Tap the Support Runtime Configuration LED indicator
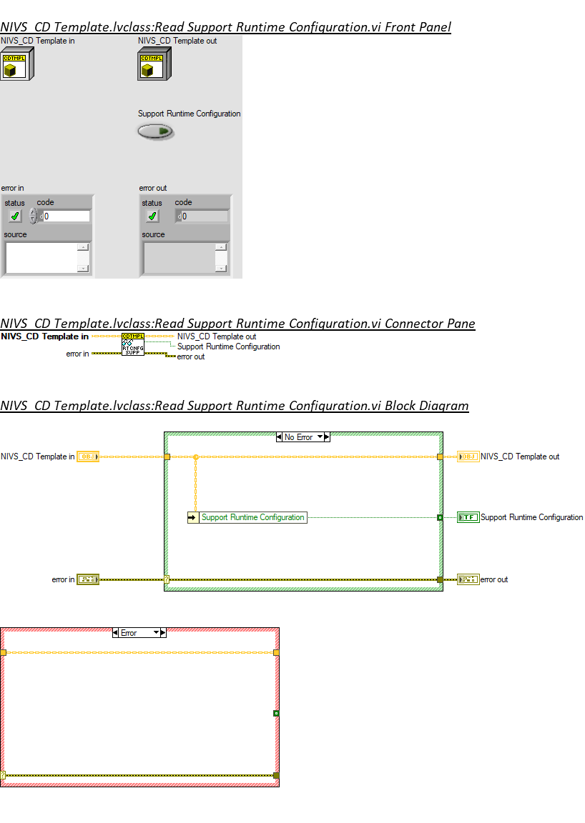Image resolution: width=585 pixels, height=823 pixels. [155, 131]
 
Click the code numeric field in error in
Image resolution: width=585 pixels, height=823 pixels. [67, 216]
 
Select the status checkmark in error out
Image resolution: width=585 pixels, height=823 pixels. [152, 216]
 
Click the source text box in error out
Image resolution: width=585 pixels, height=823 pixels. [180, 257]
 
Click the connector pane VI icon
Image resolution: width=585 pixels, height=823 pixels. [133, 344]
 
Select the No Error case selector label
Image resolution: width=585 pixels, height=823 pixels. [299, 437]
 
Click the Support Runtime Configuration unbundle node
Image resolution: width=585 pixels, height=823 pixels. [247, 517]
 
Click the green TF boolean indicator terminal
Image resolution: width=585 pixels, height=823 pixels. [468, 517]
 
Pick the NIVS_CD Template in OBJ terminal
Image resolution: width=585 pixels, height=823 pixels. [87, 457]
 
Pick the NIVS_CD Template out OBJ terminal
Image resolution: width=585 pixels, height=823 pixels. [468, 457]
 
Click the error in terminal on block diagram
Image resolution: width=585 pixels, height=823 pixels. [87, 579]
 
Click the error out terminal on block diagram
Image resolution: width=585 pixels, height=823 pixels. [468, 579]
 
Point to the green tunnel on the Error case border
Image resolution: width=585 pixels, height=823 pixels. [276, 713]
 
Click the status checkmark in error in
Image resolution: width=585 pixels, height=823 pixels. [15, 216]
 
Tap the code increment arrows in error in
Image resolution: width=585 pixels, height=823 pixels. [33, 216]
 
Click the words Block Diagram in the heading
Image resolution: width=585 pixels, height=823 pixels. [427, 406]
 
